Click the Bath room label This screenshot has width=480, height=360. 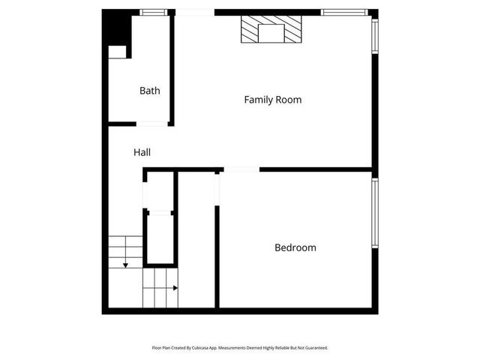click(149, 91)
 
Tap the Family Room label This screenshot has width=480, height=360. click(273, 99)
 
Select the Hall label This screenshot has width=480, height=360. click(142, 152)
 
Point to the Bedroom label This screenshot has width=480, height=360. click(295, 247)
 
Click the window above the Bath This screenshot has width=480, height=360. click(153, 12)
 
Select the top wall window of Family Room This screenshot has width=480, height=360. click(344, 12)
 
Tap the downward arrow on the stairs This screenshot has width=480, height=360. click(125, 263)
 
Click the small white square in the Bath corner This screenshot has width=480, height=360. click(118, 52)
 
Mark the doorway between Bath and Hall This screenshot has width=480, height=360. click(151, 123)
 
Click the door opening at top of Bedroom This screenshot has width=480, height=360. click(241, 169)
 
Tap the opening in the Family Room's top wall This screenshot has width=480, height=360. click(194, 12)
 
